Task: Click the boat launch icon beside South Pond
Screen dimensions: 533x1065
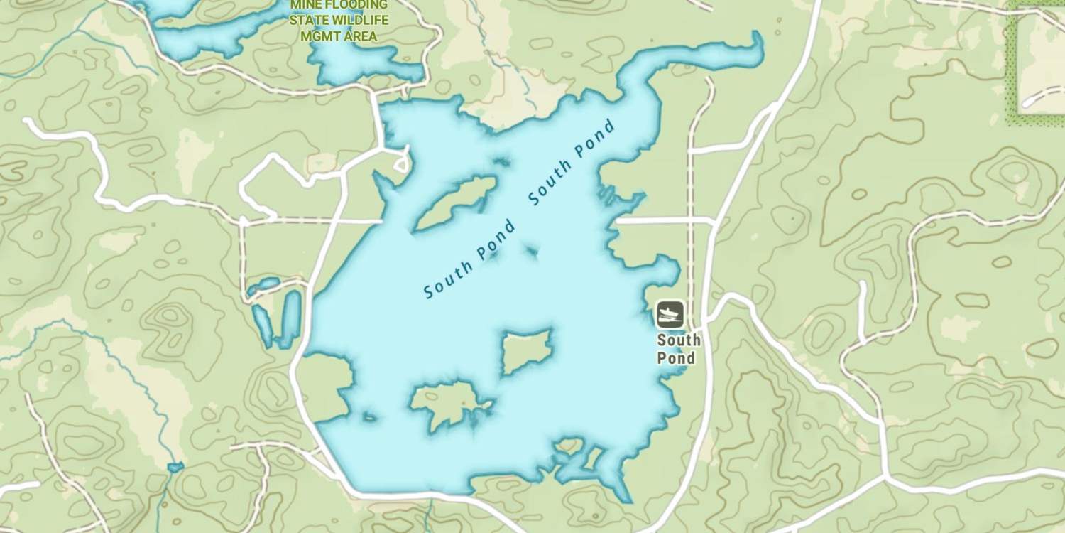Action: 670,314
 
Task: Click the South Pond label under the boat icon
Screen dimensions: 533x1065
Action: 678,348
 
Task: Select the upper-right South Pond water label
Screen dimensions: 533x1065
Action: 572,163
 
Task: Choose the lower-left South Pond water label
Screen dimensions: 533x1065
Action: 469,259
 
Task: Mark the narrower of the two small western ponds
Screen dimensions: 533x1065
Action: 263,323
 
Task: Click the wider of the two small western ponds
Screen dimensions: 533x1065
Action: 291,318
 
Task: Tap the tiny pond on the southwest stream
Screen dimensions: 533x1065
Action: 175,468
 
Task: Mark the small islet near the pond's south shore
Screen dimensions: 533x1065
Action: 568,446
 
